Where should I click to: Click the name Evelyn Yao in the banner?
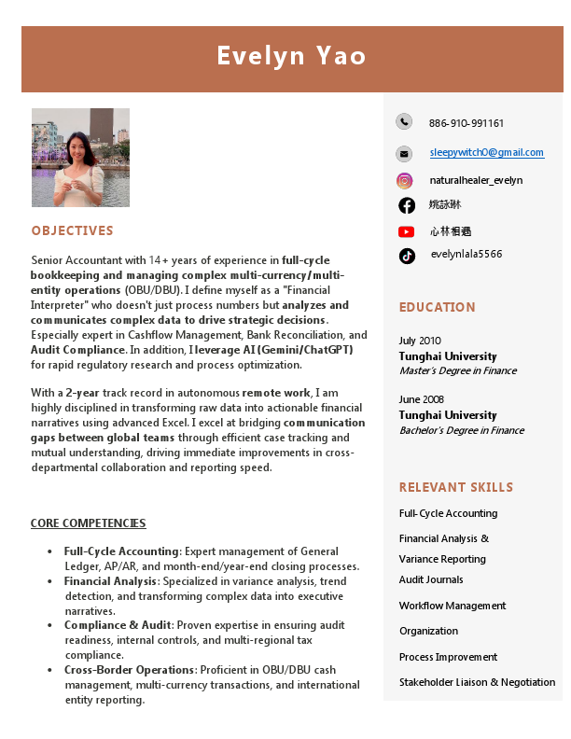click(x=291, y=56)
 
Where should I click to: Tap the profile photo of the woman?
click(x=80, y=157)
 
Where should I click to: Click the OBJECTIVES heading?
click(x=72, y=230)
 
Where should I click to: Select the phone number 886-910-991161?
click(x=467, y=123)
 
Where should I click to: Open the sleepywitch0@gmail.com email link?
click(x=486, y=152)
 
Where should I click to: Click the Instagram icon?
click(x=404, y=181)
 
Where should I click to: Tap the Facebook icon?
click(x=407, y=205)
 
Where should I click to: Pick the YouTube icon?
click(x=406, y=231)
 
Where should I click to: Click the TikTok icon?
click(x=407, y=256)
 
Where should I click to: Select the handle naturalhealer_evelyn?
click(x=476, y=180)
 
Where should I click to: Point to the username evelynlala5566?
click(x=466, y=254)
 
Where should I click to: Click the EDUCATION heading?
click(x=437, y=307)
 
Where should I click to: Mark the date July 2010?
click(x=420, y=341)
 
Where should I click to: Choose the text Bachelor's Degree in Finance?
click(x=461, y=430)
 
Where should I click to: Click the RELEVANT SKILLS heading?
click(x=456, y=487)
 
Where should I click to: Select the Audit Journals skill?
click(x=431, y=579)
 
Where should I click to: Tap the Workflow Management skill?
click(x=452, y=606)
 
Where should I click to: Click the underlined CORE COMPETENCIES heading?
click(x=88, y=523)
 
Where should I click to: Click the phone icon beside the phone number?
click(x=403, y=121)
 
